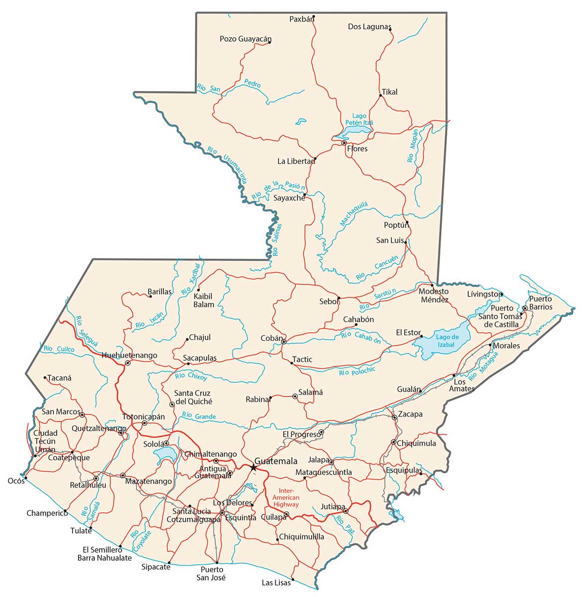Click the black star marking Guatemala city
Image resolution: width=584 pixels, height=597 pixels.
[253, 467]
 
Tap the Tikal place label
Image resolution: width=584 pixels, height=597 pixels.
[390, 92]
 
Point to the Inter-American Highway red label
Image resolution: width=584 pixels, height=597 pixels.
[289, 497]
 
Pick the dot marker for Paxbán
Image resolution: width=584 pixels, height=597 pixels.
[314, 16]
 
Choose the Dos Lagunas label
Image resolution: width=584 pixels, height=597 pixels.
[369, 27]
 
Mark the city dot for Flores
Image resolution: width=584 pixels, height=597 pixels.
[344, 143]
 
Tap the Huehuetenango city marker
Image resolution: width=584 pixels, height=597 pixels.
[128, 363]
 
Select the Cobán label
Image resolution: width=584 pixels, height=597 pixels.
[271, 338]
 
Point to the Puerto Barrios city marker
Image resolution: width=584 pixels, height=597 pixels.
[525, 308]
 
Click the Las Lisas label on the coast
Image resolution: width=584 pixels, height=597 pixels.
[276, 583]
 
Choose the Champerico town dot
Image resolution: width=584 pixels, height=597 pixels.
[66, 511]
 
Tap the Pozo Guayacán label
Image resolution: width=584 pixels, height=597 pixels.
[246, 39]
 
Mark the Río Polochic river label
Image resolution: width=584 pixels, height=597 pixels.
[357, 372]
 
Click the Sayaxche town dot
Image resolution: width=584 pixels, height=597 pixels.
[305, 195]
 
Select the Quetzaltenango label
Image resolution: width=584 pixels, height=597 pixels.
[98, 428]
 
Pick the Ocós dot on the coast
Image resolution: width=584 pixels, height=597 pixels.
[25, 477]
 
